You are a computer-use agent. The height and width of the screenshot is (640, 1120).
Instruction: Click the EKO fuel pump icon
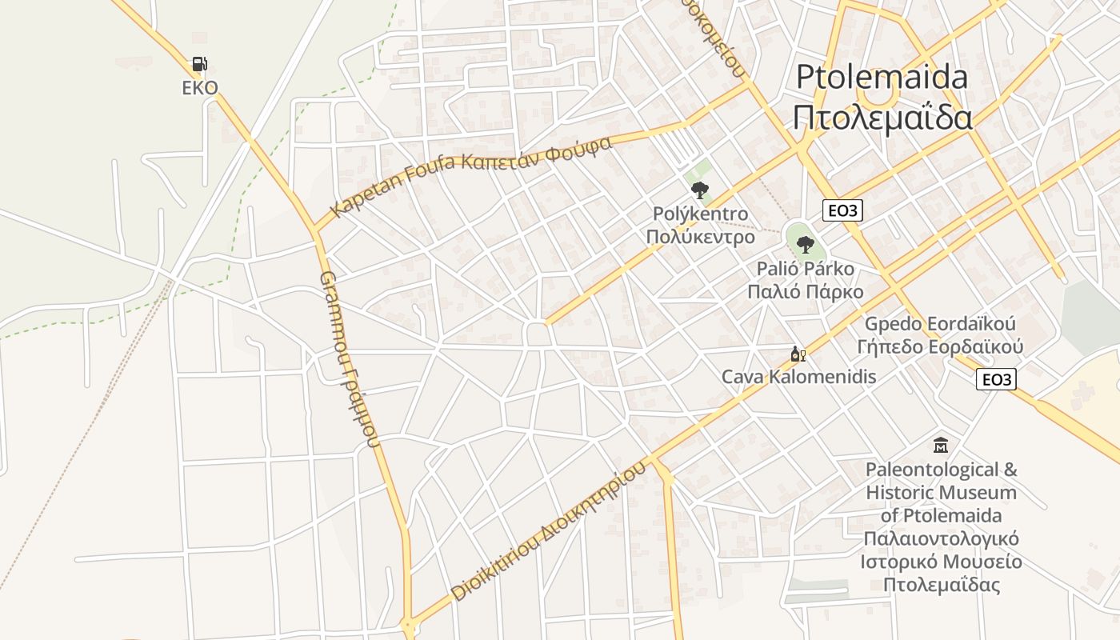pyautogui.click(x=199, y=64)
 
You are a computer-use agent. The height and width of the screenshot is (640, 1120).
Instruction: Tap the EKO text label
pyautogui.click(x=199, y=88)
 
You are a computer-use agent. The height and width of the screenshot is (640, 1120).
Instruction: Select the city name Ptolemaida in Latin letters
pyautogui.click(x=882, y=78)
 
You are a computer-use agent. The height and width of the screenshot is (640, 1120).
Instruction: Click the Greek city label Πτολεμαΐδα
pyautogui.click(x=882, y=117)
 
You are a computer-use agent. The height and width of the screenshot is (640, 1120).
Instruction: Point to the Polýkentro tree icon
pyautogui.click(x=700, y=190)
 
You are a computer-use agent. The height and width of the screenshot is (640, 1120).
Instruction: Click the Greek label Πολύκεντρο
pyautogui.click(x=700, y=237)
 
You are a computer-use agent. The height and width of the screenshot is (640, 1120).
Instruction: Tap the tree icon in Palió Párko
pyautogui.click(x=806, y=244)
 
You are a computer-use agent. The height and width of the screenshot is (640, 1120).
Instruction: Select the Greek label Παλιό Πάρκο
pyautogui.click(x=805, y=291)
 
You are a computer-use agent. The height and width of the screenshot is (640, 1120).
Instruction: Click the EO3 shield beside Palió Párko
pyautogui.click(x=842, y=211)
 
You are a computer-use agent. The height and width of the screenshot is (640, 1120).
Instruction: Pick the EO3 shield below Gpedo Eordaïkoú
pyautogui.click(x=996, y=379)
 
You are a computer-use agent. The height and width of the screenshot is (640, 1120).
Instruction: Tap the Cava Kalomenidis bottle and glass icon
pyautogui.click(x=797, y=354)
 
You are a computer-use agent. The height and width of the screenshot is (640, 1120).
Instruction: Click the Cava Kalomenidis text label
pyautogui.click(x=798, y=377)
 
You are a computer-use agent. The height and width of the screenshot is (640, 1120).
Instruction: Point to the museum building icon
pyautogui.click(x=941, y=446)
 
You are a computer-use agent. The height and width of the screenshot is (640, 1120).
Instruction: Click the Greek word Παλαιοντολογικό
pyautogui.click(x=941, y=538)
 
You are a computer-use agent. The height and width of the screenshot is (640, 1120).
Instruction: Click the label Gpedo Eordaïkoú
pyautogui.click(x=940, y=325)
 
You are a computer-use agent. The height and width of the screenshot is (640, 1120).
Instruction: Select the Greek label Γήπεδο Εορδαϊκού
pyautogui.click(x=940, y=347)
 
